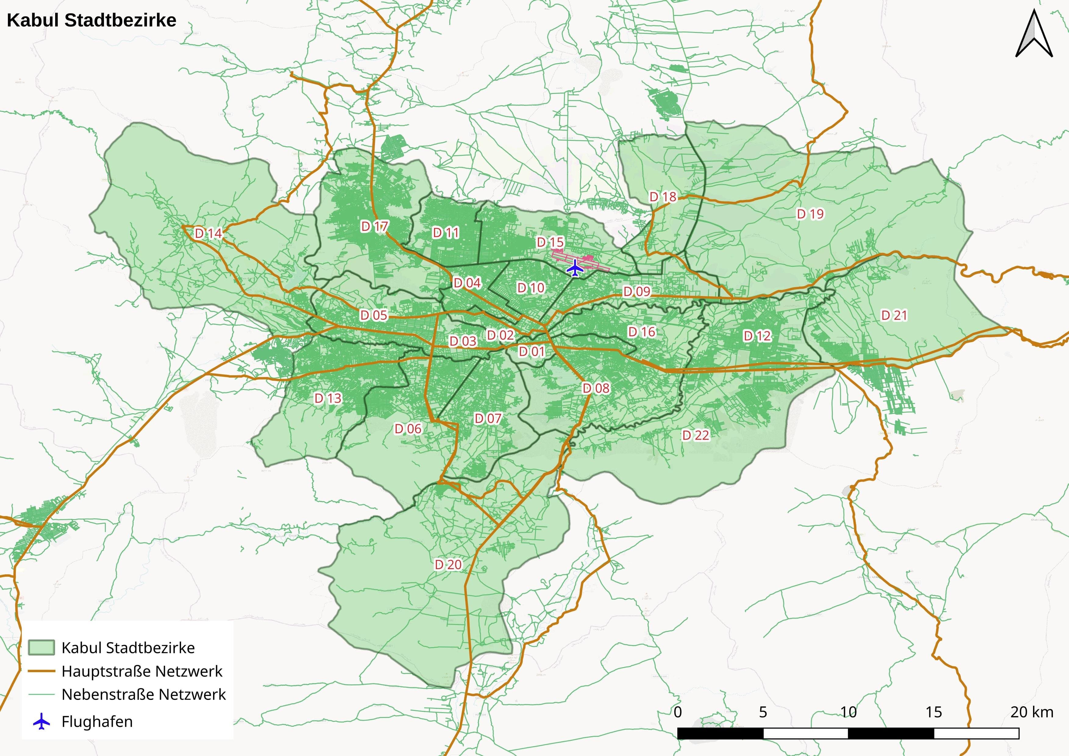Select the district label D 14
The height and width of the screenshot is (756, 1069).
208,233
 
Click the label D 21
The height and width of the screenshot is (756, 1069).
894,315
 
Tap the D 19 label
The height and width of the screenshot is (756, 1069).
810,214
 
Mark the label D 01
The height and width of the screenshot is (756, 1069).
532,351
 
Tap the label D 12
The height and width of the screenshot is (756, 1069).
757,335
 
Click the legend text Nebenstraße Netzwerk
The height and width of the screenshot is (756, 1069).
143,694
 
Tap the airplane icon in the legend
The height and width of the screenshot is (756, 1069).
41,722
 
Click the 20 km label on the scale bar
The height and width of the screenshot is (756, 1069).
1031,712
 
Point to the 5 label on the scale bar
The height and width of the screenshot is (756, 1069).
763,712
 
